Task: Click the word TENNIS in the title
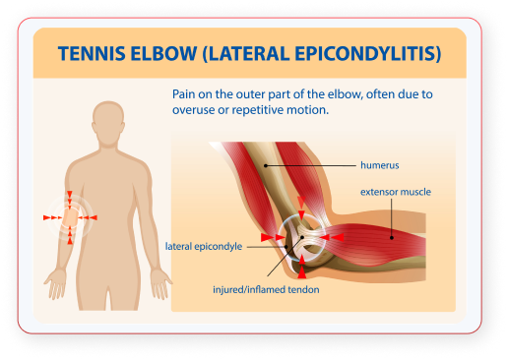click(x=92, y=54)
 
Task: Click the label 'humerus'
click(x=380, y=165)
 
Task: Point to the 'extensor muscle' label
click(x=396, y=192)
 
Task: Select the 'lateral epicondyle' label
click(x=204, y=247)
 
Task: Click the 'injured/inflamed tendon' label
click(x=266, y=290)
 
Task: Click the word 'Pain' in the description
click(x=183, y=94)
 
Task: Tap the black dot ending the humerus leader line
click(x=266, y=165)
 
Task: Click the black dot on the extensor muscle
click(x=392, y=238)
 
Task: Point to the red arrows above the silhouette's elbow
click(x=70, y=200)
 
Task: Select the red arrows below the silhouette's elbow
click(x=70, y=235)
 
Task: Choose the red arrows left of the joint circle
click(x=273, y=237)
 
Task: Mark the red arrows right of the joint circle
click(x=332, y=237)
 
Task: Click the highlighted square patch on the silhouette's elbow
click(x=70, y=217)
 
